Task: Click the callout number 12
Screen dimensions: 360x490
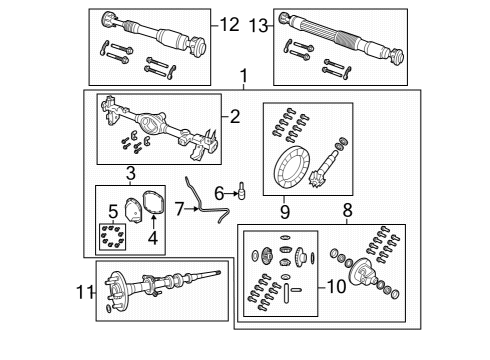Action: click(x=230, y=23)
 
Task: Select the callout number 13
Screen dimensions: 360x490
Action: click(x=258, y=23)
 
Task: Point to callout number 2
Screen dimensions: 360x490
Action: click(x=235, y=117)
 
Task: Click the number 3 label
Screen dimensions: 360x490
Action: click(x=131, y=176)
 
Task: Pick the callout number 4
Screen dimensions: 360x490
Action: click(x=153, y=238)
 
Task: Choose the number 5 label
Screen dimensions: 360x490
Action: click(x=113, y=212)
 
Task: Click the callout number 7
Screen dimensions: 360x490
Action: click(x=180, y=209)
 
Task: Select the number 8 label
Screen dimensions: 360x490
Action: click(x=348, y=211)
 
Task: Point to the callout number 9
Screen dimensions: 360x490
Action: click(x=284, y=211)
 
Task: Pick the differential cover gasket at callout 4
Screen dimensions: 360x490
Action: click(x=153, y=203)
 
